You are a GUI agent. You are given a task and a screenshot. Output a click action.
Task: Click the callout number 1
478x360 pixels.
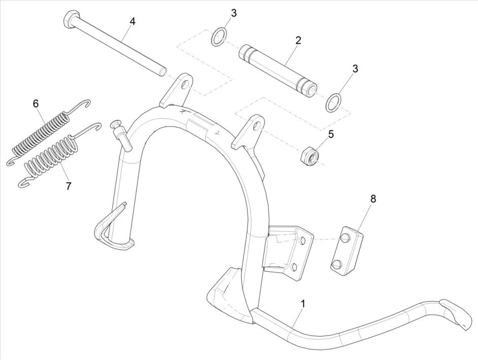[303, 304]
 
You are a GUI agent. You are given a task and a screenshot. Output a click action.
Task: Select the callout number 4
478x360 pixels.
[133, 21]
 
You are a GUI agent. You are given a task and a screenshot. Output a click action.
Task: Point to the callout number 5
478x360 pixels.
[331, 135]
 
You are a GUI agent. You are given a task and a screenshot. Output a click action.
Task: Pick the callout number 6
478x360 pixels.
[36, 104]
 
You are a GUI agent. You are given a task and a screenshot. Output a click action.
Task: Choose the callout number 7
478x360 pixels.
[68, 186]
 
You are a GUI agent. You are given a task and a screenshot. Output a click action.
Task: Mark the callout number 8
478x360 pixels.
[373, 199]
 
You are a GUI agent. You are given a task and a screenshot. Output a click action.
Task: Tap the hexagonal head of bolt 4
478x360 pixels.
[70, 21]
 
